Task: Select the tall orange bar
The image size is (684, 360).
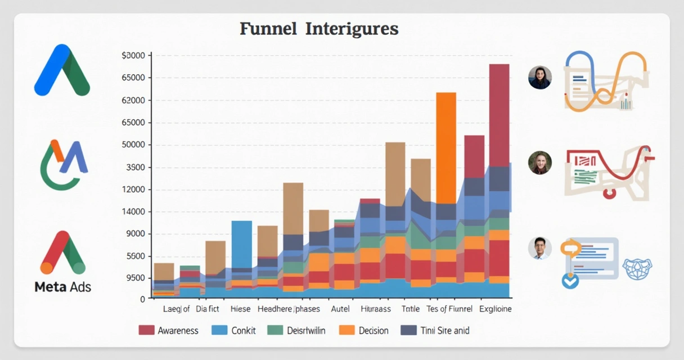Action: (446, 147)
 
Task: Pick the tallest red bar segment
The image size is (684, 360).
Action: (499, 115)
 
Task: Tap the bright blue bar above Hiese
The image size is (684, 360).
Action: (242, 244)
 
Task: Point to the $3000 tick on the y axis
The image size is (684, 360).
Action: (133, 56)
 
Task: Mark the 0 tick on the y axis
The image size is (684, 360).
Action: (143, 299)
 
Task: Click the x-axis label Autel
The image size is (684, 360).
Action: (340, 309)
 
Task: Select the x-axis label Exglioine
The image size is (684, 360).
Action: (496, 309)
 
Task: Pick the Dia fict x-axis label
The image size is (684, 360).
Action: (208, 309)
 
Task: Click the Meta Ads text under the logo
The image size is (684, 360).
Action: (62, 287)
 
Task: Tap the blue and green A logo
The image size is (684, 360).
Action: (62, 71)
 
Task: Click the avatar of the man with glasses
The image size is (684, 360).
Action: (539, 248)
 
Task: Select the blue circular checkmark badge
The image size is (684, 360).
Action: (570, 280)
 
